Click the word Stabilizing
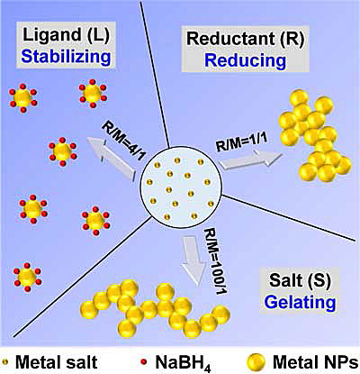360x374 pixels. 67,56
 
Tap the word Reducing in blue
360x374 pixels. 245,60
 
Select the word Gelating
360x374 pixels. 301,302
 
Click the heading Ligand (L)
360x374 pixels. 67,34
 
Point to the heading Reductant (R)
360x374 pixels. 245,39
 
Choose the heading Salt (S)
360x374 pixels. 301,280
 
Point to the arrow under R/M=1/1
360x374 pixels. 249,159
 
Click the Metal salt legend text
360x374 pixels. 56,362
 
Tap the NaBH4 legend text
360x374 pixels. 183,363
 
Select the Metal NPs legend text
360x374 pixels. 315,362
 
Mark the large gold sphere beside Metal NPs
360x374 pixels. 256,362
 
